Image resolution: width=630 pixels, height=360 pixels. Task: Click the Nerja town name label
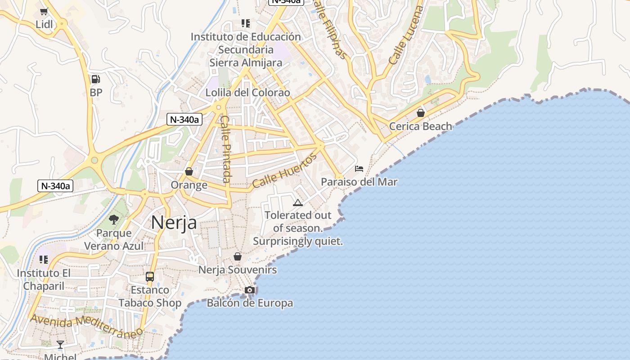coord(174,222)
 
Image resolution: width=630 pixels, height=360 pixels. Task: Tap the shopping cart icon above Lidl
coord(44,11)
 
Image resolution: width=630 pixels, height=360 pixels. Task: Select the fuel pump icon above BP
coord(95,79)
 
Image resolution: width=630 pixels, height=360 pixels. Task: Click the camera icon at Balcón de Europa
coord(250,290)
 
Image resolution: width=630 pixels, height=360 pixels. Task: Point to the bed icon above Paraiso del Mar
coord(359,169)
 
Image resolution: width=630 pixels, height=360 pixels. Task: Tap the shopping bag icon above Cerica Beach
coord(421,112)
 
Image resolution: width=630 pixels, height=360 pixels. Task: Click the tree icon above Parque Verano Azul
coord(114,220)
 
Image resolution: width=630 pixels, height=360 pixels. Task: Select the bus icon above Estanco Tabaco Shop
coord(150,276)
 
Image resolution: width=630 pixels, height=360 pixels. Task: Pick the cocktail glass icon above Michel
coord(60,345)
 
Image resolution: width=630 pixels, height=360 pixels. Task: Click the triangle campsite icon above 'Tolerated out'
coord(297,202)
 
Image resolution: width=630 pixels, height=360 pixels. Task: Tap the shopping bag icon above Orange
coord(189,171)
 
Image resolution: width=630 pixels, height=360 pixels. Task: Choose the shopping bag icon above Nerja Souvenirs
coord(238,256)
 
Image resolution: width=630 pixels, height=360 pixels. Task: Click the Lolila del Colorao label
coord(247,93)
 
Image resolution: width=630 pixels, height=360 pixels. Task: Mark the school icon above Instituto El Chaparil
coord(44,260)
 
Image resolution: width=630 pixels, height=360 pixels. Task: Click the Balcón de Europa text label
coord(250,303)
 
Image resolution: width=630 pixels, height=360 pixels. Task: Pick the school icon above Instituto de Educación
coord(245,23)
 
